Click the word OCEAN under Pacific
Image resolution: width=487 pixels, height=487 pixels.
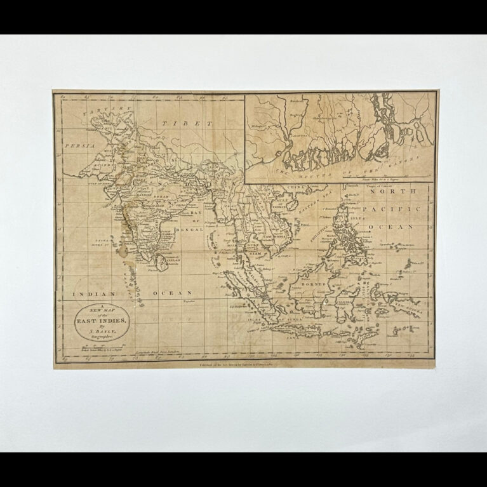click(399, 225)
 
